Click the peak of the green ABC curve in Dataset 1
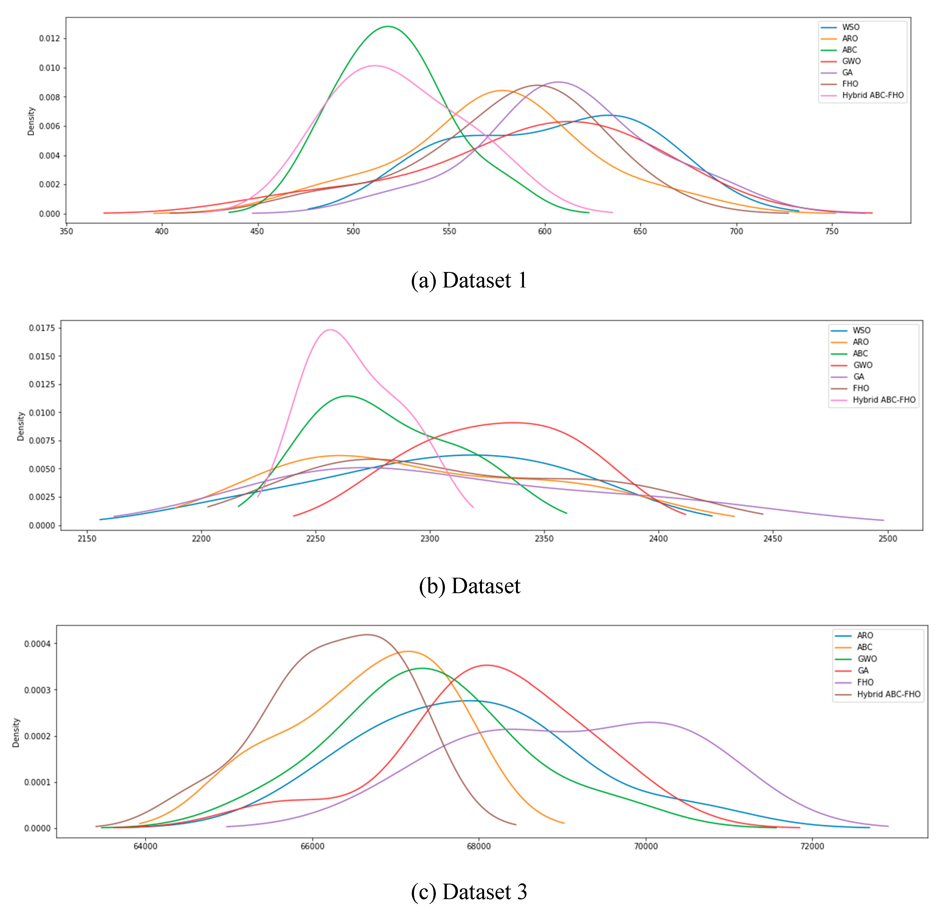coord(388,26)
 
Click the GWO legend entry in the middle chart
coord(863,365)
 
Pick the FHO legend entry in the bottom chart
coord(865,682)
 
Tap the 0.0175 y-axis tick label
coord(42,328)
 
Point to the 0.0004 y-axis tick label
coord(37,644)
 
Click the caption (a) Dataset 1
coord(469,280)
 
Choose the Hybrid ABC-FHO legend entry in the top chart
coord(872,95)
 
